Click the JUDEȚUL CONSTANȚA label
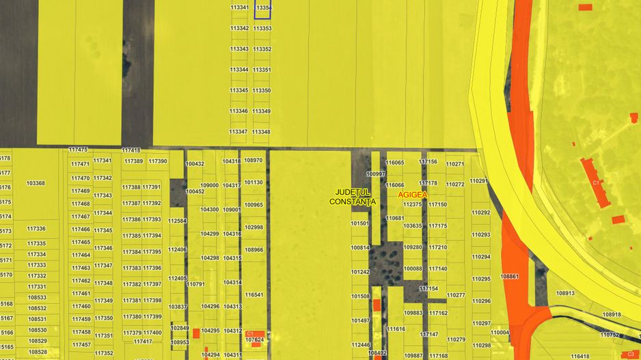[352, 197]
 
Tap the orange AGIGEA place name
[413, 195]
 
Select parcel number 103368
[36, 183]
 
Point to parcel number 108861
[510, 277]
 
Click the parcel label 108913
[565, 293]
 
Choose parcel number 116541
[254, 294]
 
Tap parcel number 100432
[195, 164]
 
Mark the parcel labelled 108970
[254, 161]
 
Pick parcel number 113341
[239, 7]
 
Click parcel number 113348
[261, 132]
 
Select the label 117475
[79, 150]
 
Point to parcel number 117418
[131, 150]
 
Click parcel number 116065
[395, 163]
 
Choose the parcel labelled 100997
[376, 174]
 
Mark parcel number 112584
[178, 221]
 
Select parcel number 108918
[612, 314]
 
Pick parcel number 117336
[37, 229]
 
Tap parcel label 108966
[254, 250]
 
